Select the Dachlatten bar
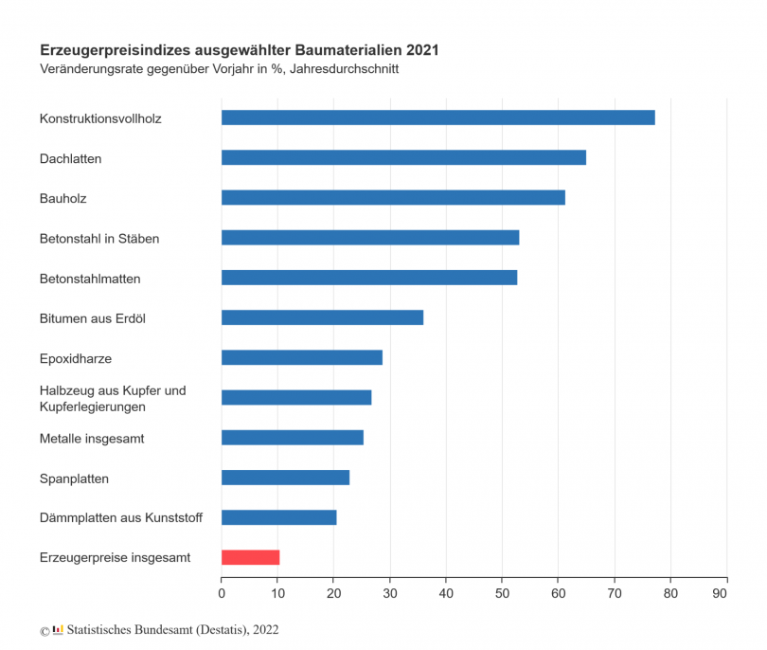coord(403,157)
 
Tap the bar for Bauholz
coord(393,197)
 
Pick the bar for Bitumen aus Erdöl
coord(322,317)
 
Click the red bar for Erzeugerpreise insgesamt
coord(250,557)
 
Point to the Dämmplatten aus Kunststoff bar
coord(278,517)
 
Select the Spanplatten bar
coord(285,478)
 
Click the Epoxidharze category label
coord(76,359)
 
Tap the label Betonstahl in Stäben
coord(99,239)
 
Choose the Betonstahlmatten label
coord(90,280)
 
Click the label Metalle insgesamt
coord(92,439)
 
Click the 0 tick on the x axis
coord(222,594)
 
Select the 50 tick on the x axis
coord(502,594)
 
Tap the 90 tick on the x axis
coord(726,594)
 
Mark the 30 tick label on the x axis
coord(390,594)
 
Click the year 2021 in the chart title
coord(422,49)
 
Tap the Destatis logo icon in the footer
coord(58,628)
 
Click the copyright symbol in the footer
coord(44,630)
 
